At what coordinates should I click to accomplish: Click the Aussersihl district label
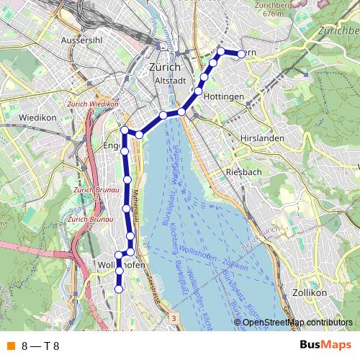click(85, 40)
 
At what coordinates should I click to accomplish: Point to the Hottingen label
click(223, 96)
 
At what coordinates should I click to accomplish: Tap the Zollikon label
click(311, 293)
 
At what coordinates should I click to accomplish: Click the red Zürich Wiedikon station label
click(92, 104)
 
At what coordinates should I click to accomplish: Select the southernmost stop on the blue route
click(119, 289)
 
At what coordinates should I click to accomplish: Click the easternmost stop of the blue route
click(240, 54)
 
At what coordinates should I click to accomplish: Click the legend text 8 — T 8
click(41, 346)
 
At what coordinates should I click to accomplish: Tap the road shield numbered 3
click(174, 316)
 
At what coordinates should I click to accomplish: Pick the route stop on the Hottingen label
click(198, 91)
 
